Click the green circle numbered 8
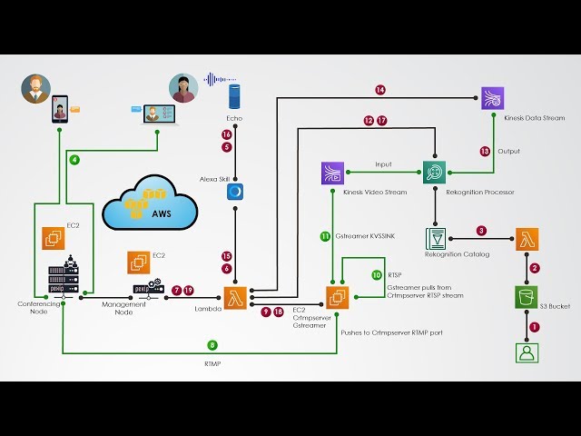[212, 345]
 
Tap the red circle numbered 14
[380, 90]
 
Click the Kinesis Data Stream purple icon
[493, 99]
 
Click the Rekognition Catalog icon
[437, 237]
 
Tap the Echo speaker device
[234, 94]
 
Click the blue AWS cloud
[151, 205]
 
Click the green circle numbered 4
[74, 159]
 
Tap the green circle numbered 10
[377, 274]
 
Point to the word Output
[508, 151]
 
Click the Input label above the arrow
[383, 164]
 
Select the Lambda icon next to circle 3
[528, 239]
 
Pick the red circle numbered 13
[484, 151]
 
